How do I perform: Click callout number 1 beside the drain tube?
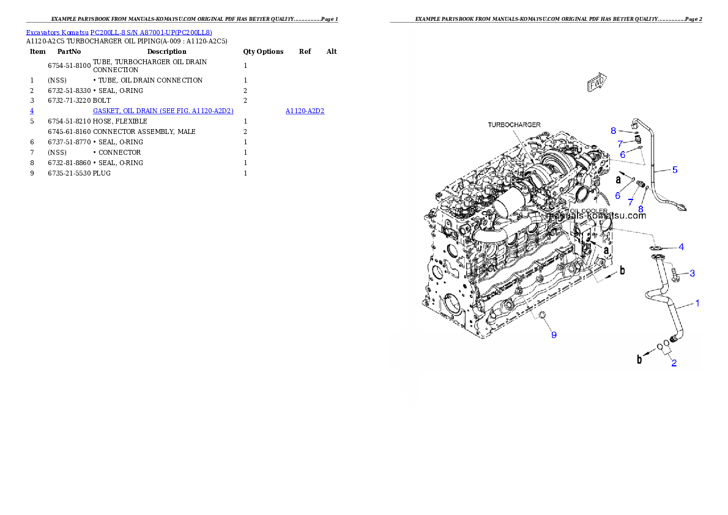(698, 303)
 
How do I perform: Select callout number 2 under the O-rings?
(674, 363)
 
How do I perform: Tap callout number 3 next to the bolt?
(693, 273)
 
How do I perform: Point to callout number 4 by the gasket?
(681, 247)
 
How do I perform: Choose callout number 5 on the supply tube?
(675, 169)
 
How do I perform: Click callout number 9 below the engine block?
(554, 335)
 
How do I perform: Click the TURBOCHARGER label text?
(514, 125)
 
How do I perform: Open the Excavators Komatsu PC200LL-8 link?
(119, 32)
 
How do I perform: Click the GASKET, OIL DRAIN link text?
(163, 111)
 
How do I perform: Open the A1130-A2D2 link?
(305, 111)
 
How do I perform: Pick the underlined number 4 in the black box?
(32, 111)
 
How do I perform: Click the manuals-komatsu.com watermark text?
(596, 215)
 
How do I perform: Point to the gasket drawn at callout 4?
(658, 248)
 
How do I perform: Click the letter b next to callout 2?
(639, 360)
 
